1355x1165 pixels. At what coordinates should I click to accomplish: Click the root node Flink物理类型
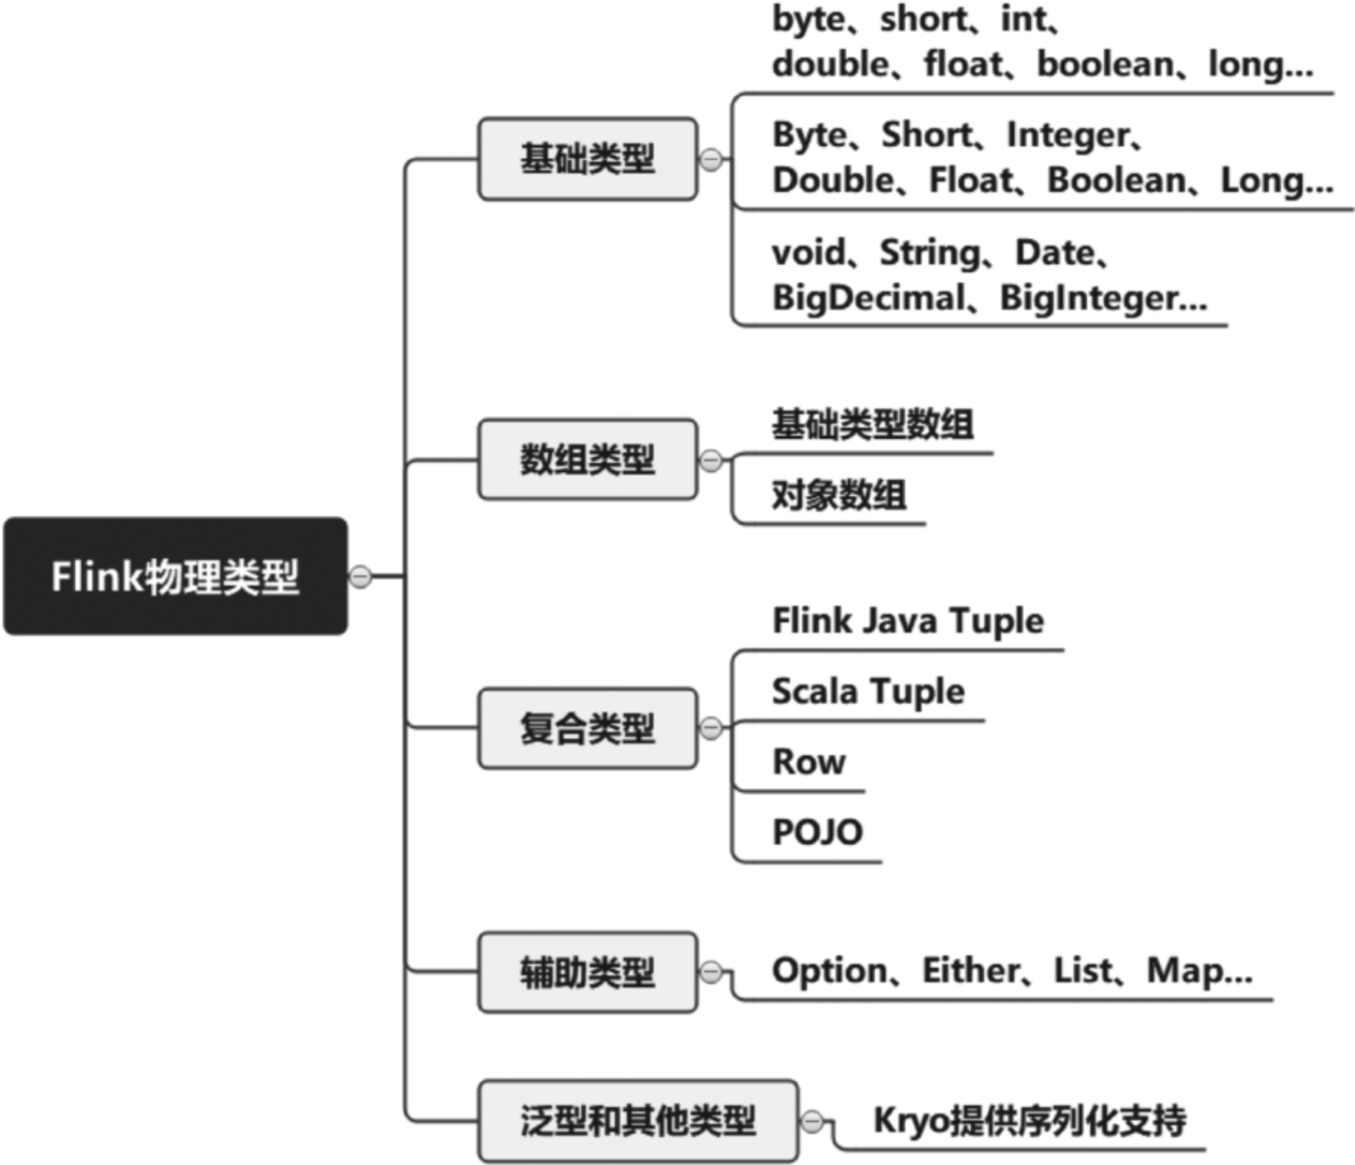[x=175, y=576]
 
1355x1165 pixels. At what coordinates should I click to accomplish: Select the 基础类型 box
[x=587, y=158]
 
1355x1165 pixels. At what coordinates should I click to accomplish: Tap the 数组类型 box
[x=587, y=459]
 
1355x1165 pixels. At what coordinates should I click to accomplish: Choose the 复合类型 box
[x=587, y=727]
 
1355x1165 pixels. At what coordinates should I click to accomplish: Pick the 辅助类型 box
[x=587, y=972]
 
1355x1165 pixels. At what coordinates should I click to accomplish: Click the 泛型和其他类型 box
[x=638, y=1120]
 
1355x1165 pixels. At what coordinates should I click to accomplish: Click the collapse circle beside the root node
[x=360, y=576]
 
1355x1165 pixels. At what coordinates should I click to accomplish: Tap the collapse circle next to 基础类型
[x=711, y=159]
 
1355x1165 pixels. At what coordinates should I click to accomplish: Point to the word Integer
[x=1067, y=135]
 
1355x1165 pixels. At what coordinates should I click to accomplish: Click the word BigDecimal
[x=868, y=297]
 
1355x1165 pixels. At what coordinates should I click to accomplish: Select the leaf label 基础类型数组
[x=872, y=424]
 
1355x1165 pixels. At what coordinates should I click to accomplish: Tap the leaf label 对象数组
[x=839, y=495]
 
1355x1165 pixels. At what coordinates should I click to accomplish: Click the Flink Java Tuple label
[x=908, y=621]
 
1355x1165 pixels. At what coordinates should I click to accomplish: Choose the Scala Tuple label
[x=868, y=692]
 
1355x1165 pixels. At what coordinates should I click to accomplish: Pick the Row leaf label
[x=809, y=762]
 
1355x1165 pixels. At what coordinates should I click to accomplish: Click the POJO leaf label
[x=817, y=832]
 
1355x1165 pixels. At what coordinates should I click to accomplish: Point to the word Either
[x=971, y=970]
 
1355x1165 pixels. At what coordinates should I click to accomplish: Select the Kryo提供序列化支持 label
[x=1030, y=1120]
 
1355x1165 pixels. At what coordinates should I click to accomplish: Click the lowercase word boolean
[x=1105, y=64]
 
